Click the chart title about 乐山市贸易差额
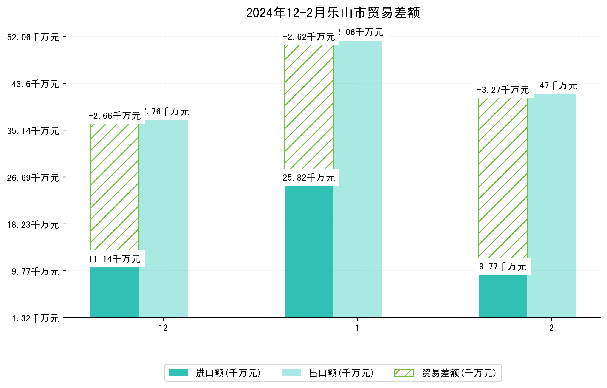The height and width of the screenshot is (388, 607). click(333, 13)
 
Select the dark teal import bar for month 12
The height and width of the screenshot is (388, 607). click(115, 292)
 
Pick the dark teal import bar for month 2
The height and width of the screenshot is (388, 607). click(503, 296)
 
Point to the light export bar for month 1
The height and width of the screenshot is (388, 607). click(357, 179)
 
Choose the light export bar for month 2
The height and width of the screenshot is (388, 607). click(552, 205)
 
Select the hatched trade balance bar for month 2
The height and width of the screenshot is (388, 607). click(503, 178)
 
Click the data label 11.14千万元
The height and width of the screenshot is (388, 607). click(115, 259)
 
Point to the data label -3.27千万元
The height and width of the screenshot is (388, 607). click(503, 90)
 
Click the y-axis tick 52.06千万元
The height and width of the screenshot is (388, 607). click(33, 37)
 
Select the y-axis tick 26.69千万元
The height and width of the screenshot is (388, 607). click(33, 178)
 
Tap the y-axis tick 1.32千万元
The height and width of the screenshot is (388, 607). click(35, 319)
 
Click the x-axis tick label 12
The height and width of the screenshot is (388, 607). click(163, 328)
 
